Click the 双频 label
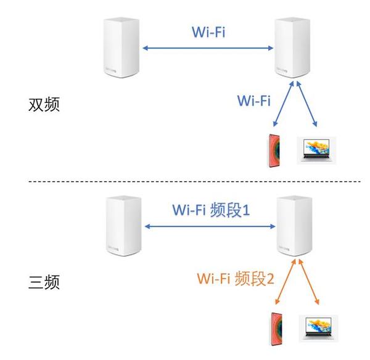[x=44, y=104]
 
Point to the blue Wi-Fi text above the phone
[x=254, y=100]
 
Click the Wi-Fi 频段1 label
[x=210, y=210]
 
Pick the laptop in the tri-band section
[x=319, y=328]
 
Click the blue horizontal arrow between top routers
[x=208, y=47]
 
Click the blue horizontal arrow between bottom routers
[x=210, y=226]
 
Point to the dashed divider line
[x=185, y=181]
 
